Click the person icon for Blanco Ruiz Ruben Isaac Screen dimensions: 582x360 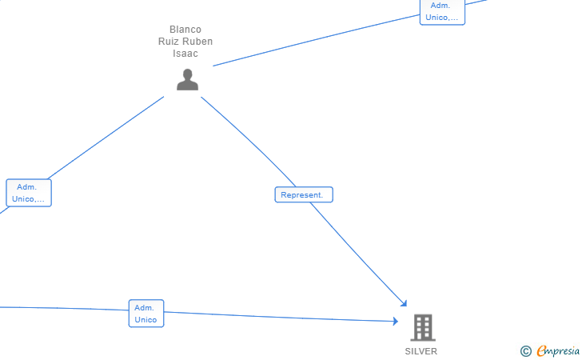(187, 79)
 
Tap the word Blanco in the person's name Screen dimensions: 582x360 (185, 30)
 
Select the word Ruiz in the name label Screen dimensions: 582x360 (169, 42)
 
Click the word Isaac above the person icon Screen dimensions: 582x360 (185, 54)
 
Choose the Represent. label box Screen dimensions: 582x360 (304, 194)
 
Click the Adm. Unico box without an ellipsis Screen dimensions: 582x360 (146, 313)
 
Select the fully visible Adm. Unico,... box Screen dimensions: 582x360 (29, 193)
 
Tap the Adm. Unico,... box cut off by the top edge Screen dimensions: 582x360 (442, 12)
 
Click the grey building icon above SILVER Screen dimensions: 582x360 (423, 327)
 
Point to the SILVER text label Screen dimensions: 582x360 (421, 351)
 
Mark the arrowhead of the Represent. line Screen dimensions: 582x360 (405, 303)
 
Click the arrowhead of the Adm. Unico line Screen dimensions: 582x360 (396, 321)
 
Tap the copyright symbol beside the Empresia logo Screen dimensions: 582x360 (525, 350)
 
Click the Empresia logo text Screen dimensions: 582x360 (558, 350)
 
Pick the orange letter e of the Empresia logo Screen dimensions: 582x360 (541, 350)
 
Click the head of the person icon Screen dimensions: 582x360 (187, 74)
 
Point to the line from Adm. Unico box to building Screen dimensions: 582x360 (281, 317)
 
